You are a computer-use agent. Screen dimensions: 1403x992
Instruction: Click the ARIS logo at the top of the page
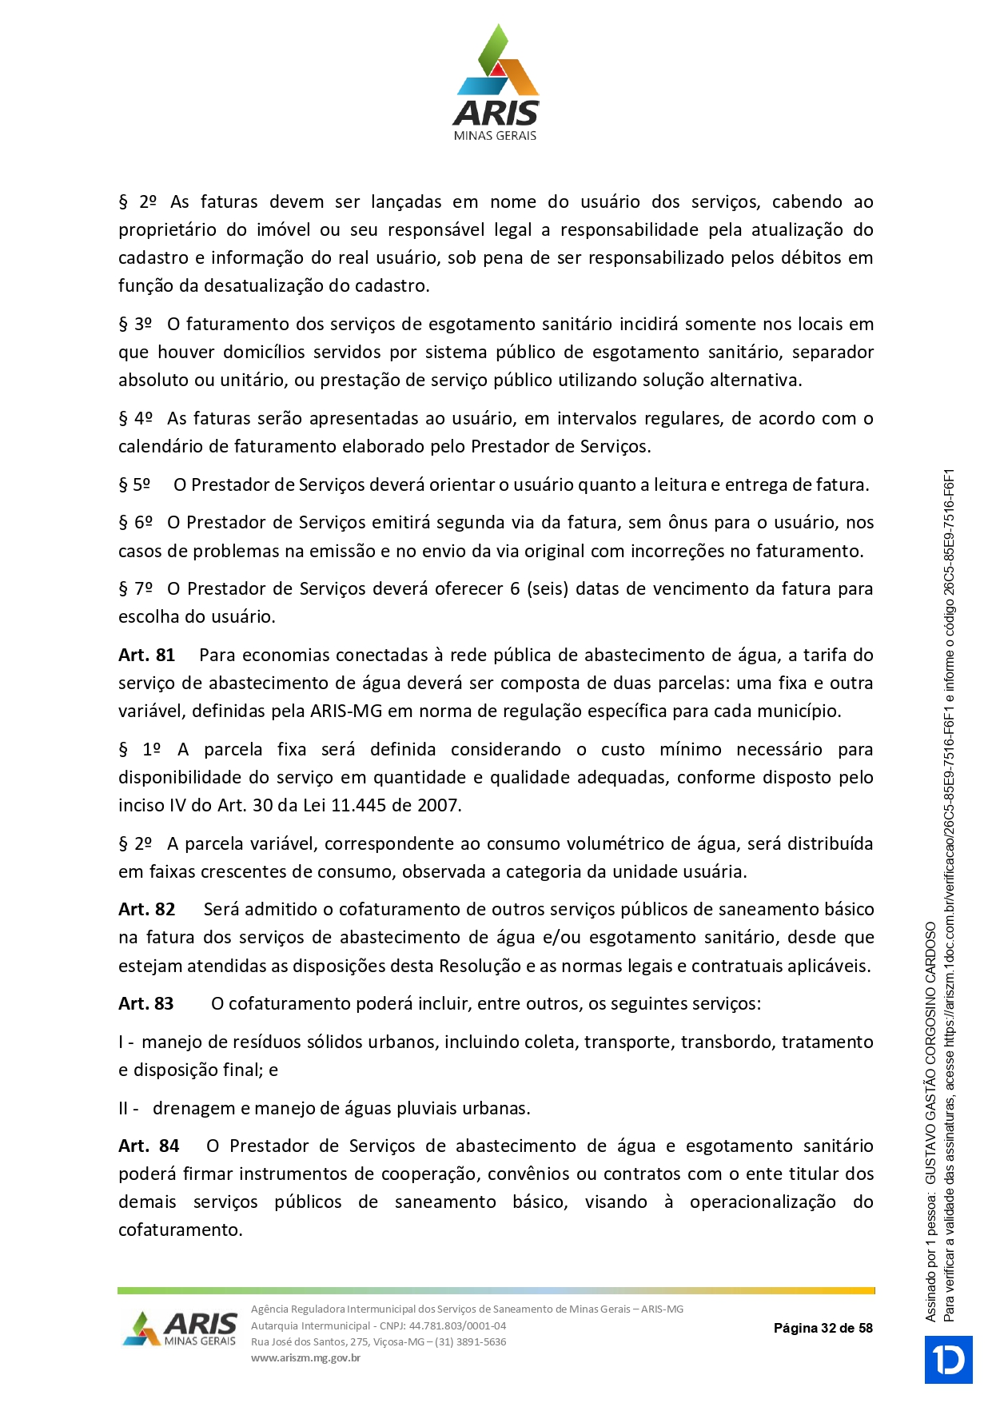496,83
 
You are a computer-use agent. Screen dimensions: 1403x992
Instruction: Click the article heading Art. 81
146,656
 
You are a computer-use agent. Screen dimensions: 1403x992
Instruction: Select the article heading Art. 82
146,910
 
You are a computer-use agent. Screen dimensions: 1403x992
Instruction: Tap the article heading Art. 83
145,1004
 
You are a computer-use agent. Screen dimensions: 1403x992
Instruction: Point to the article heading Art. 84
149,1146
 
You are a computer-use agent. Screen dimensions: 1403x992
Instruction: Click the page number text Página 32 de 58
823,1329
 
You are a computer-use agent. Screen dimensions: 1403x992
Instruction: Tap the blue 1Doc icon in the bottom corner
948,1360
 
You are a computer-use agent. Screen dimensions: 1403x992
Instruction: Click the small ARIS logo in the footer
180,1329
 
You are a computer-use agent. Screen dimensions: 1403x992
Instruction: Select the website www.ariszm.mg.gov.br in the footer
305,1357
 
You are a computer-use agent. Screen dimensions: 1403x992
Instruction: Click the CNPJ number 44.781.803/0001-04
457,1325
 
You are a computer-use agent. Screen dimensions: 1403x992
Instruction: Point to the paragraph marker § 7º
135,589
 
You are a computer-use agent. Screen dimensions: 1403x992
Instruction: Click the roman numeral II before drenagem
124,1109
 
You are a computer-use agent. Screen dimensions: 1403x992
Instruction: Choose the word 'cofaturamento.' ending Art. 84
181,1230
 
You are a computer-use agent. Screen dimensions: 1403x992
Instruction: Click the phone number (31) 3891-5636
471,1341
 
